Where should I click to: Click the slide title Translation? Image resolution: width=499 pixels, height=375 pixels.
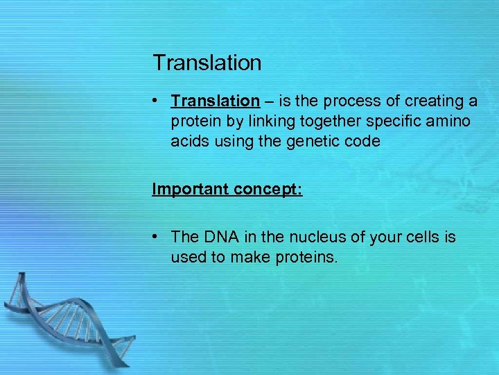coord(207,62)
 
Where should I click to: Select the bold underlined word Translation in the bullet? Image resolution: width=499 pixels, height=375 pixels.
coord(215,101)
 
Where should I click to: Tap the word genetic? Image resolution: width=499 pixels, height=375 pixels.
coord(307,142)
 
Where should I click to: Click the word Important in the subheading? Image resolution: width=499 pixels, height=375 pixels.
coord(190,190)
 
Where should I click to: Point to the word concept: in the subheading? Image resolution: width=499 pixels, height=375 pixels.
coord(268,190)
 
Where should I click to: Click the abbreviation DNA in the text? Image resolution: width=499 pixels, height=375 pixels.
coord(220,237)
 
